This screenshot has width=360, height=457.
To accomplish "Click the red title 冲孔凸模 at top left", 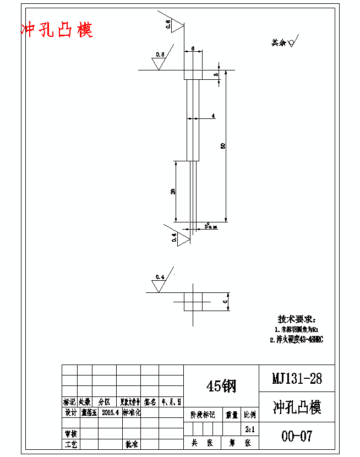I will (57, 30).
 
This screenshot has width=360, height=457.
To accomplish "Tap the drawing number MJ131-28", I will (297, 378).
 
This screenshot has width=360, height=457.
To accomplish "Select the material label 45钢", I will (221, 386).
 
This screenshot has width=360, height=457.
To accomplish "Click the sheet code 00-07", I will (297, 436).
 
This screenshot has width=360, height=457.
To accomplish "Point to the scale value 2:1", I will (249, 428).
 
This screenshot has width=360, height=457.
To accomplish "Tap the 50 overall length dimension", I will (223, 145).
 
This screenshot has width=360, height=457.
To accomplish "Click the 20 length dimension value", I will (173, 191).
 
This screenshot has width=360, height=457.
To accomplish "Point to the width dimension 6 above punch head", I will (193, 48).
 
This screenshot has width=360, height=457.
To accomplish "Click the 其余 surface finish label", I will (279, 42).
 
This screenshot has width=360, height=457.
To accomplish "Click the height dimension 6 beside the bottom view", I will (225, 302).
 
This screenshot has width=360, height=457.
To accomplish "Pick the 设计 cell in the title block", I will (70, 412).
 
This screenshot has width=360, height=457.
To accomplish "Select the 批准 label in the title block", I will (132, 444).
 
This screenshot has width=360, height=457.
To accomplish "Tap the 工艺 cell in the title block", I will (70, 444).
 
